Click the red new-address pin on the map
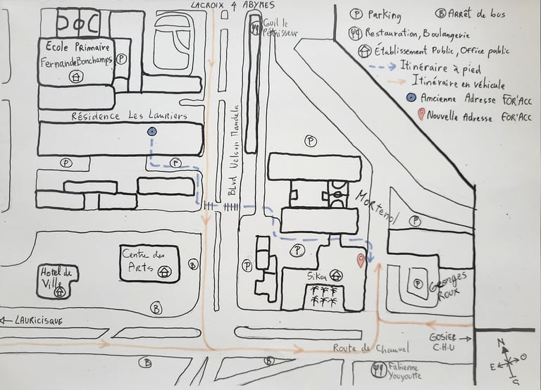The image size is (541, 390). (361, 261)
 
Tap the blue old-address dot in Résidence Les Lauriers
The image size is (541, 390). (151, 132)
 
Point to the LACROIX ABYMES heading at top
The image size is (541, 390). (232, 6)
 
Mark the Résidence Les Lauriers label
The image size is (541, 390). (128, 115)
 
